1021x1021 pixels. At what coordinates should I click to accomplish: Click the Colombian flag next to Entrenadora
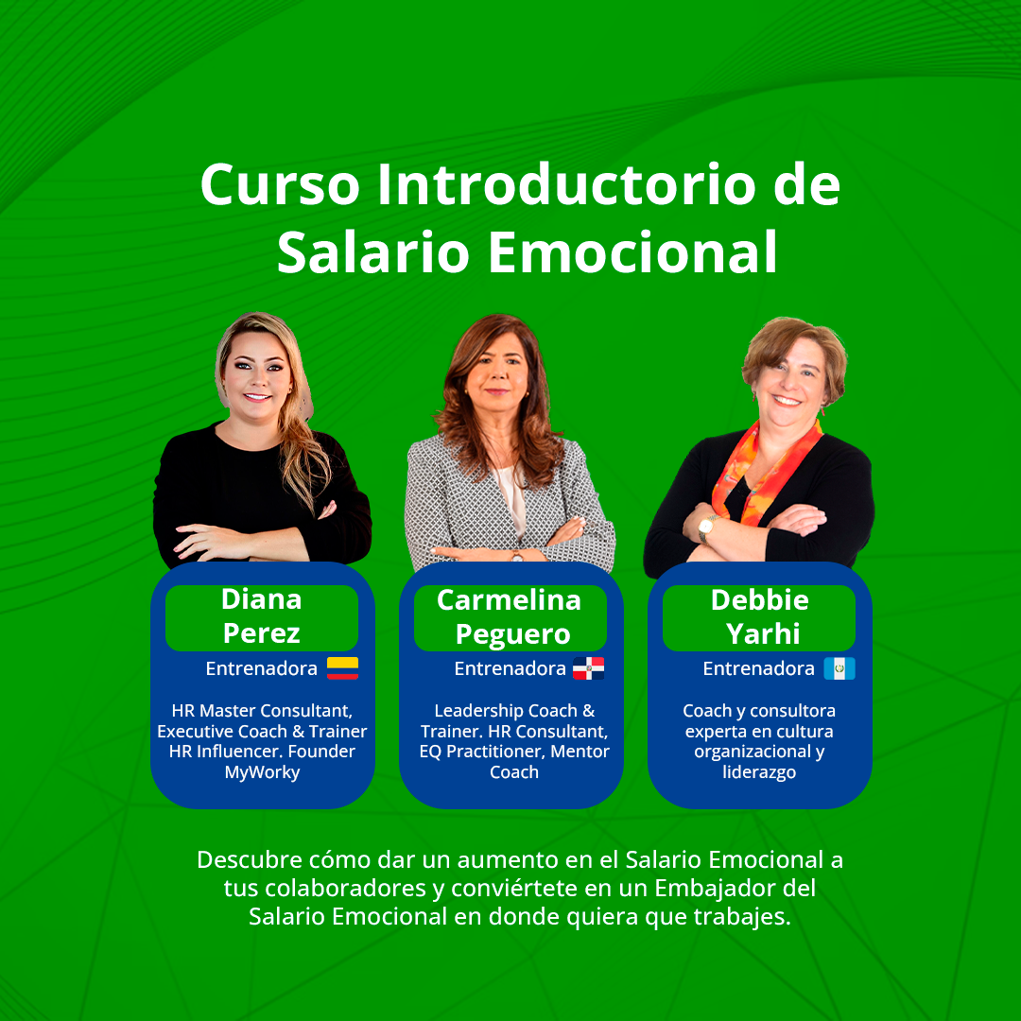click(342, 668)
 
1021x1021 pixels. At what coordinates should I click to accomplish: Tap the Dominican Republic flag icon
click(589, 668)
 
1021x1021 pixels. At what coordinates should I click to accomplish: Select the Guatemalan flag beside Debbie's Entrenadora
click(839, 668)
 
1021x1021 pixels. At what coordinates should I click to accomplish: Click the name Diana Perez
click(262, 616)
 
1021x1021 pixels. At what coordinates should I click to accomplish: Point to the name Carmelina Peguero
click(510, 616)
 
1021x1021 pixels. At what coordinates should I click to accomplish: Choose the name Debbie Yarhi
click(760, 616)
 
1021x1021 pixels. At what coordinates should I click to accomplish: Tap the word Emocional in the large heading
click(632, 252)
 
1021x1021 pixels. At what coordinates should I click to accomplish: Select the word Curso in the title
click(280, 185)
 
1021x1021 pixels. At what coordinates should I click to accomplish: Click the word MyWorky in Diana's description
click(263, 773)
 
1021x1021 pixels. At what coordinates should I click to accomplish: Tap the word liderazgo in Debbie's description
click(759, 772)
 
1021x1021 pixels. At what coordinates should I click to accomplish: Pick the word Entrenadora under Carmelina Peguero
click(510, 668)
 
